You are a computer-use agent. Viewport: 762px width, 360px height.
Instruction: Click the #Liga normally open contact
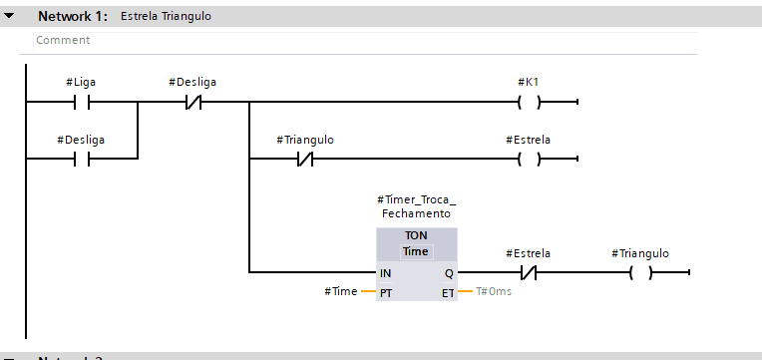[82, 102]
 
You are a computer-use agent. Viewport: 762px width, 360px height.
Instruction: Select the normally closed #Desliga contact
[192, 102]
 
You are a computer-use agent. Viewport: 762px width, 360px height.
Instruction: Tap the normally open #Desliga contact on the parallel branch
[82, 159]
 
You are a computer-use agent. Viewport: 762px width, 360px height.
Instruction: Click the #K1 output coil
[530, 102]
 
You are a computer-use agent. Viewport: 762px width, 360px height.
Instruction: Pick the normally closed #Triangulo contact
[305, 159]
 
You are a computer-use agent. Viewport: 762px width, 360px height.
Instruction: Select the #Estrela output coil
[530, 159]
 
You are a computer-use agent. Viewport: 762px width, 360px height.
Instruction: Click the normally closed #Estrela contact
[529, 273]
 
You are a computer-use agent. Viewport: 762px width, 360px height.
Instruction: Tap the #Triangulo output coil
[640, 273]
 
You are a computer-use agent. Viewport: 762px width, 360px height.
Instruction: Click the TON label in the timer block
[417, 235]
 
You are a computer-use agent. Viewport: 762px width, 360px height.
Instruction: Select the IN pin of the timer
[385, 273]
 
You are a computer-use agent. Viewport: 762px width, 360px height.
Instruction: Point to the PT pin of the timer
[386, 293]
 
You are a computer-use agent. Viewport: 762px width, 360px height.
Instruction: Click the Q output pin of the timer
[449, 273]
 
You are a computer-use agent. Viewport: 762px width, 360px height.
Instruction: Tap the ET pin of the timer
[448, 293]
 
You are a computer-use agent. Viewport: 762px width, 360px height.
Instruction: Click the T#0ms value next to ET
[494, 292]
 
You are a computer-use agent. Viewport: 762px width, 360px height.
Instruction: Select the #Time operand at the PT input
[341, 291]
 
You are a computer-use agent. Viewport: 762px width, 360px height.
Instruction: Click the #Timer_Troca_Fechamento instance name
[417, 206]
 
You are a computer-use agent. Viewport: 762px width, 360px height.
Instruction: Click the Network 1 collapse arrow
[9, 16]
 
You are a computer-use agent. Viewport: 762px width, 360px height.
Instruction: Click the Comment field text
[63, 40]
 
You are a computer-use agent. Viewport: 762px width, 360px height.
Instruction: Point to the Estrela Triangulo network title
[166, 16]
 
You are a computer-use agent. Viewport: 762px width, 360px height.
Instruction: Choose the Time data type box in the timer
[417, 251]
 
